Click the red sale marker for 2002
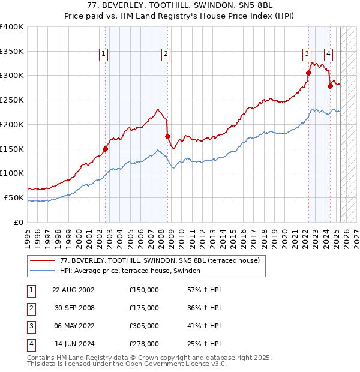click(x=105, y=149)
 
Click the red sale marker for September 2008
click(x=167, y=136)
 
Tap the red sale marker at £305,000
click(x=308, y=73)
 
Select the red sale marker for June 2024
click(x=330, y=86)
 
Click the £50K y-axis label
click(x=14, y=197)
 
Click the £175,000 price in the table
click(x=144, y=308)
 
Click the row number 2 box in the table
click(x=31, y=308)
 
